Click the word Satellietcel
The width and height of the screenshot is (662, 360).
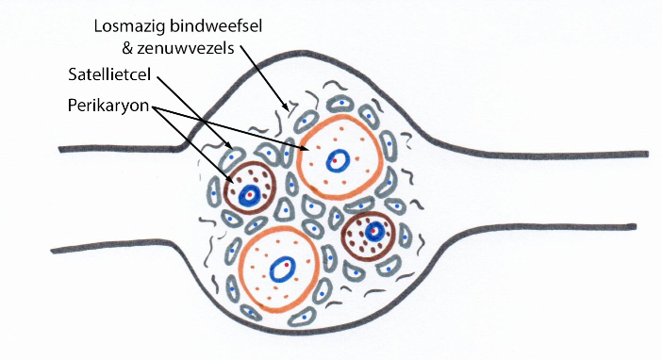pos(110,73)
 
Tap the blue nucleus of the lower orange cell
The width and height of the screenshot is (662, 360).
pos(281,270)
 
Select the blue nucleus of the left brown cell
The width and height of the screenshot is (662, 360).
pos(249,195)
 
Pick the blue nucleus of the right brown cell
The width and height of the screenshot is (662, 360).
pos(375,229)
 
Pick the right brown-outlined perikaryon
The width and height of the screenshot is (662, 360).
pos(370,236)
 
